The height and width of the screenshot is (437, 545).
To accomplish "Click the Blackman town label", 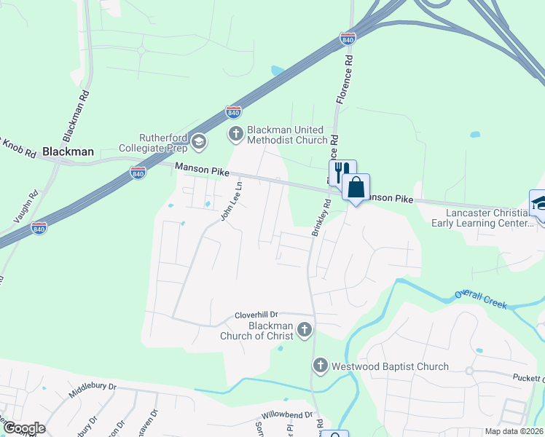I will pos(68,151).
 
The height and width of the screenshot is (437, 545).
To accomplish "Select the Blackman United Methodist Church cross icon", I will pos(235,133).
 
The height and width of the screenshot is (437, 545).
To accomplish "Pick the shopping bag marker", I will pos(356,188).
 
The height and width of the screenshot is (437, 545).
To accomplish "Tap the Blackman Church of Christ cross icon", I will pos(305,331).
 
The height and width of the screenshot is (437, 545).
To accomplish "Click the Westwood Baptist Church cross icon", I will pos(320,366).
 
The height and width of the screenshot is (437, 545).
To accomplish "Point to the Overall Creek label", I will pos(480,300).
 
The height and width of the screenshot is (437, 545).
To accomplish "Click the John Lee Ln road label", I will pos(232,202).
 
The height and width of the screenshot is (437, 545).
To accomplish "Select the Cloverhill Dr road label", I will pos(257,315).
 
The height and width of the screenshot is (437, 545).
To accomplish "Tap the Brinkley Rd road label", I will pos(321,218).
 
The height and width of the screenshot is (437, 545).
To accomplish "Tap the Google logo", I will pos(24,428).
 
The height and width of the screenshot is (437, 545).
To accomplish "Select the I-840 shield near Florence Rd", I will pos(348,38).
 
